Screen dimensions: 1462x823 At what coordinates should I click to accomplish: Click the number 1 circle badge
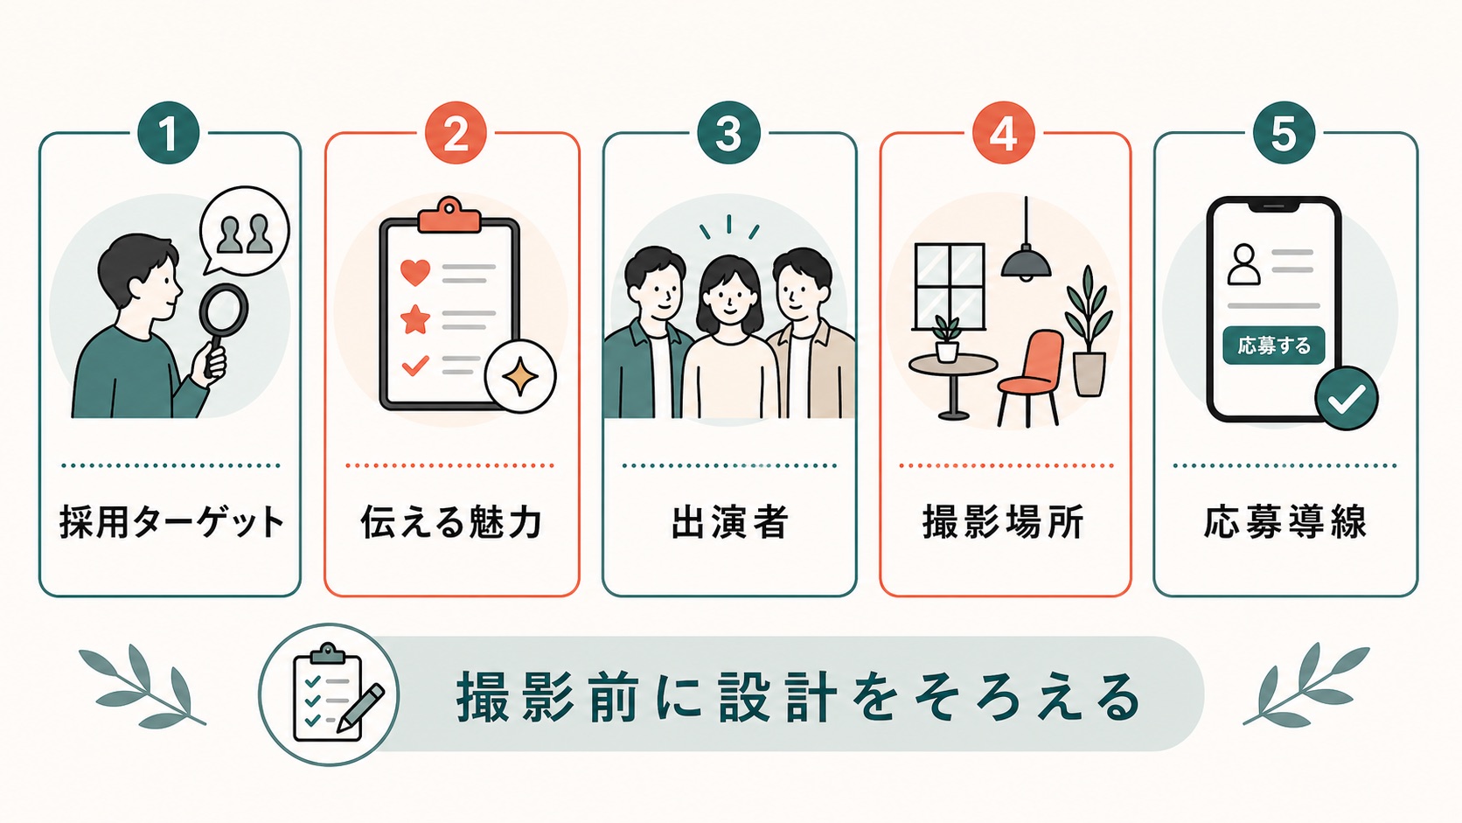(x=169, y=133)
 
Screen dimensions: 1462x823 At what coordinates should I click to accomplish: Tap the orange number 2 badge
(x=456, y=133)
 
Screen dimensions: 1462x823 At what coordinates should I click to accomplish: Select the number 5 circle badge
(x=1283, y=133)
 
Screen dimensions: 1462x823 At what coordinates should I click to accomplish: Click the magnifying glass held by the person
(x=221, y=326)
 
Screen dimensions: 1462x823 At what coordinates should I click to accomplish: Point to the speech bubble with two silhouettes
(x=244, y=231)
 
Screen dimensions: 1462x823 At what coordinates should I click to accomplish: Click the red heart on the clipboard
(x=415, y=272)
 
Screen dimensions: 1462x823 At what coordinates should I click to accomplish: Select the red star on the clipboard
(x=415, y=319)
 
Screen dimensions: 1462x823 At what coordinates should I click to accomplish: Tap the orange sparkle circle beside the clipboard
(x=520, y=377)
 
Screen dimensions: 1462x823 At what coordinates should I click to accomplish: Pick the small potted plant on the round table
(x=946, y=338)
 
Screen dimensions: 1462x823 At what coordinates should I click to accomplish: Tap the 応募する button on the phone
(x=1273, y=345)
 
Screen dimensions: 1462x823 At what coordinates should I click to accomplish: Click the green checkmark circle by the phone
(x=1347, y=398)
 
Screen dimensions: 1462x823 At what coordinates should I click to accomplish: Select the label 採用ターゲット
(x=172, y=522)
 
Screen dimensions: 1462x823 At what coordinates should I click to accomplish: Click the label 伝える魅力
(x=452, y=522)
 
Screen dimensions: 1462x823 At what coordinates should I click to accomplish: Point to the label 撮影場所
(x=1004, y=522)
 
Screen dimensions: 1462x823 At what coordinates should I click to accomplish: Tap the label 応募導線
(x=1285, y=522)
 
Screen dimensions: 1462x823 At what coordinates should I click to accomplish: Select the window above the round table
(x=950, y=286)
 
